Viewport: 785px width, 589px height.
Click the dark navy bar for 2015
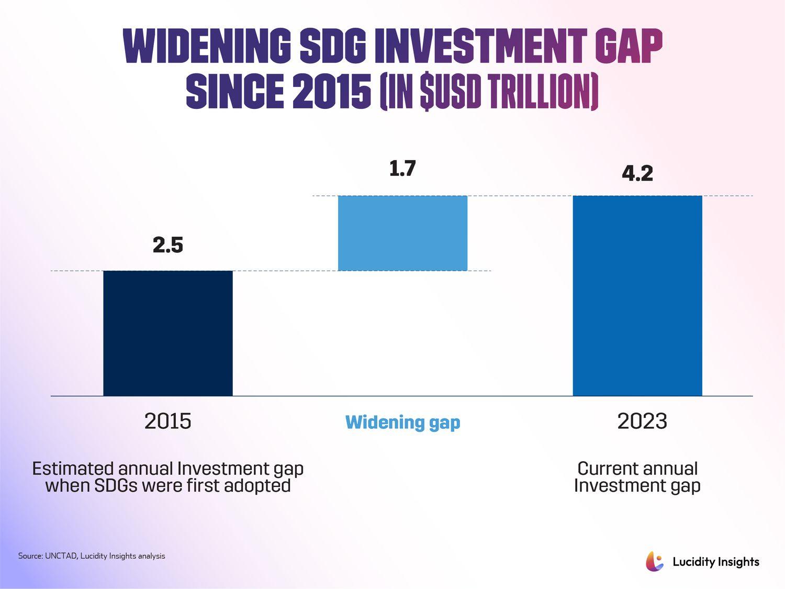[x=167, y=333]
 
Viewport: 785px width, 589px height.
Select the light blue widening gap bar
[x=402, y=233]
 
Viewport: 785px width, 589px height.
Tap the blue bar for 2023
[x=637, y=296]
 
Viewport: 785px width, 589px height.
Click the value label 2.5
[x=168, y=245]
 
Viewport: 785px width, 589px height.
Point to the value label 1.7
[x=402, y=169]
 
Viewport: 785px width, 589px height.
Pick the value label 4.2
[x=637, y=173]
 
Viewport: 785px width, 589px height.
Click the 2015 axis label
[x=167, y=421]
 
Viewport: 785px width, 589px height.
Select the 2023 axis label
[x=642, y=421]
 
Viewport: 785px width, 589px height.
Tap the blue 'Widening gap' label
[x=402, y=422]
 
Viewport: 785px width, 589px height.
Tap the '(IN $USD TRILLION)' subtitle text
[x=489, y=92]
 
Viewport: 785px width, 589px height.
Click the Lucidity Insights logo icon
[x=654, y=561]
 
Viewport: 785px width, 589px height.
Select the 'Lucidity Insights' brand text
[x=715, y=562]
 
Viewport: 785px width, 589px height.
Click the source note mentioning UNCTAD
[x=92, y=556]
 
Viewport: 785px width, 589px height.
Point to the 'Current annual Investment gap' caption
[x=637, y=477]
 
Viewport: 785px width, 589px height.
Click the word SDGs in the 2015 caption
[x=116, y=486]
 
